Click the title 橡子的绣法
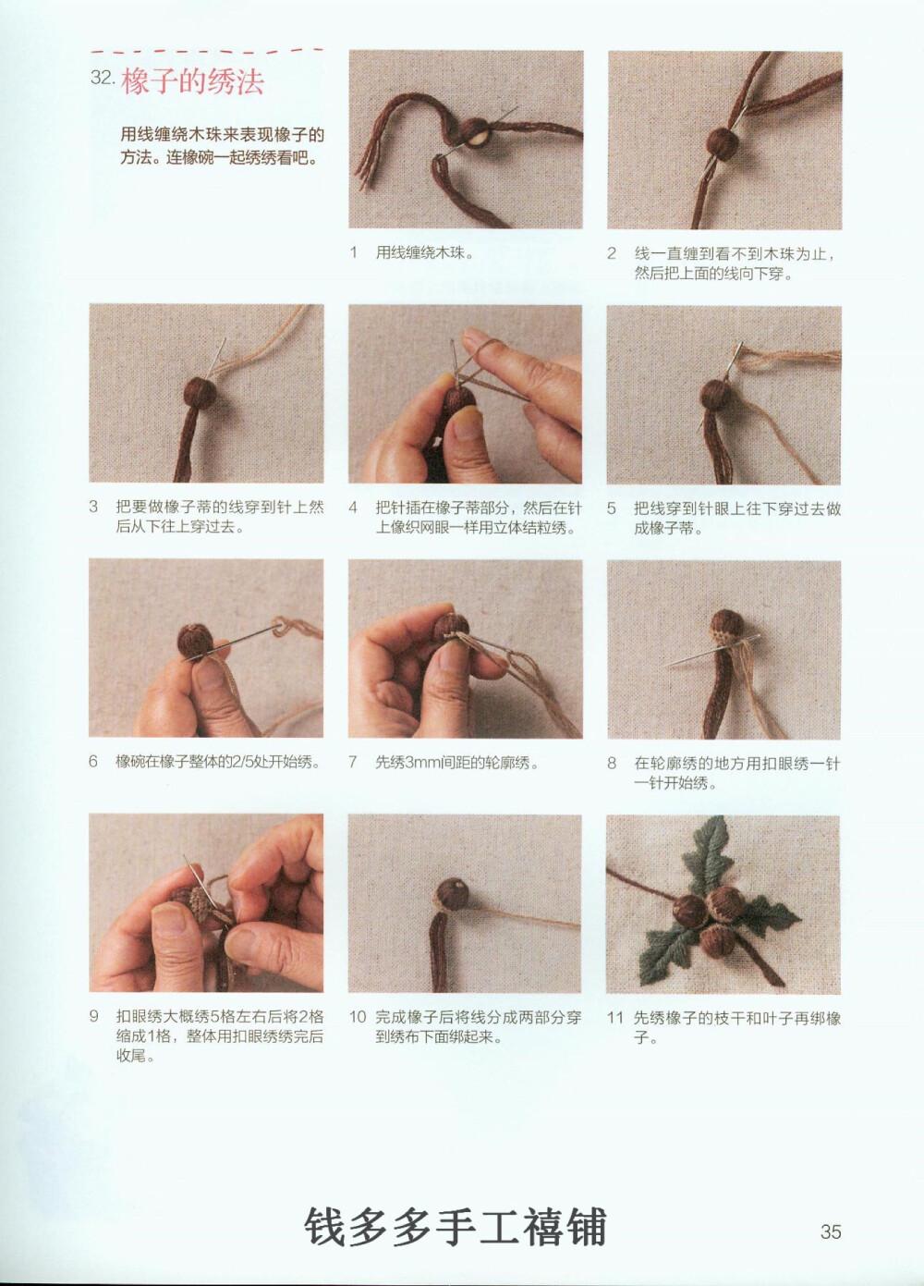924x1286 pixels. point(192,81)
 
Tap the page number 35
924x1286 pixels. point(830,1231)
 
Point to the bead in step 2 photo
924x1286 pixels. point(722,141)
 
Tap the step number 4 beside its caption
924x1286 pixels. point(353,508)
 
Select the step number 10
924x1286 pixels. point(358,1017)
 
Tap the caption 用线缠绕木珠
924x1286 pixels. point(424,252)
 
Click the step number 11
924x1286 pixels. point(614,1018)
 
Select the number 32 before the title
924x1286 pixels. point(102,78)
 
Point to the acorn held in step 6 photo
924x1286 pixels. point(196,640)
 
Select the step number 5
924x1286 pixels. point(611,508)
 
